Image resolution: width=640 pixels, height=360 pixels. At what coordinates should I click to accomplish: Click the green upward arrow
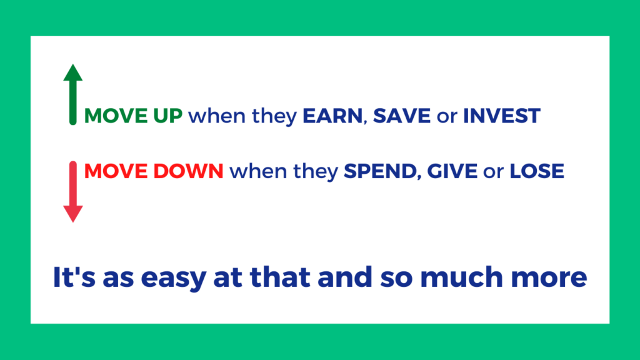pos(73,94)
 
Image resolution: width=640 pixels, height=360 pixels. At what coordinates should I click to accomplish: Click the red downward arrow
pos(73,191)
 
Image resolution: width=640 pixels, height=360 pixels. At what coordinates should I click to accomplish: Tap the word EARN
pos(332,116)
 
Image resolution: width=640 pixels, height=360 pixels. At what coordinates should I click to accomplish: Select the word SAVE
pos(402,116)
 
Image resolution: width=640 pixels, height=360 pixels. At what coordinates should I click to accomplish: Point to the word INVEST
pos(502,116)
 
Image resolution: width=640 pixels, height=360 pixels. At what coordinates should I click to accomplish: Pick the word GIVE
pos(452,171)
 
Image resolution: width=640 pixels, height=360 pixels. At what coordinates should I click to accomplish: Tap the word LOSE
pos(537,171)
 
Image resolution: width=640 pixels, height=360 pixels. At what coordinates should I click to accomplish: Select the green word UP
pos(167,116)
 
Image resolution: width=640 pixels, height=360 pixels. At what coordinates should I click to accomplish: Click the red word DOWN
pos(189,171)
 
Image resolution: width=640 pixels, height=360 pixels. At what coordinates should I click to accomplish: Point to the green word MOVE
pos(116,116)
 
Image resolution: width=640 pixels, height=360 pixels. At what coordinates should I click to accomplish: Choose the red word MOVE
pos(116,171)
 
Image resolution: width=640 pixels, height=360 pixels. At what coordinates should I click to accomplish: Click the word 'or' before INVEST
pos(447,117)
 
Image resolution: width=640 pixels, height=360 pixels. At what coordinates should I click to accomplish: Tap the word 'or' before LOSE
pos(494,172)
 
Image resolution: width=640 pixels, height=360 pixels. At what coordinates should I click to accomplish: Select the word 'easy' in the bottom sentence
pos(174,278)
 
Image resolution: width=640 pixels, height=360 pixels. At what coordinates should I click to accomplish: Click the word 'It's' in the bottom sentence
pos(74,277)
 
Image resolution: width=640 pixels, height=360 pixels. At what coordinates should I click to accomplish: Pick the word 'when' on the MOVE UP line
pos(217,116)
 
